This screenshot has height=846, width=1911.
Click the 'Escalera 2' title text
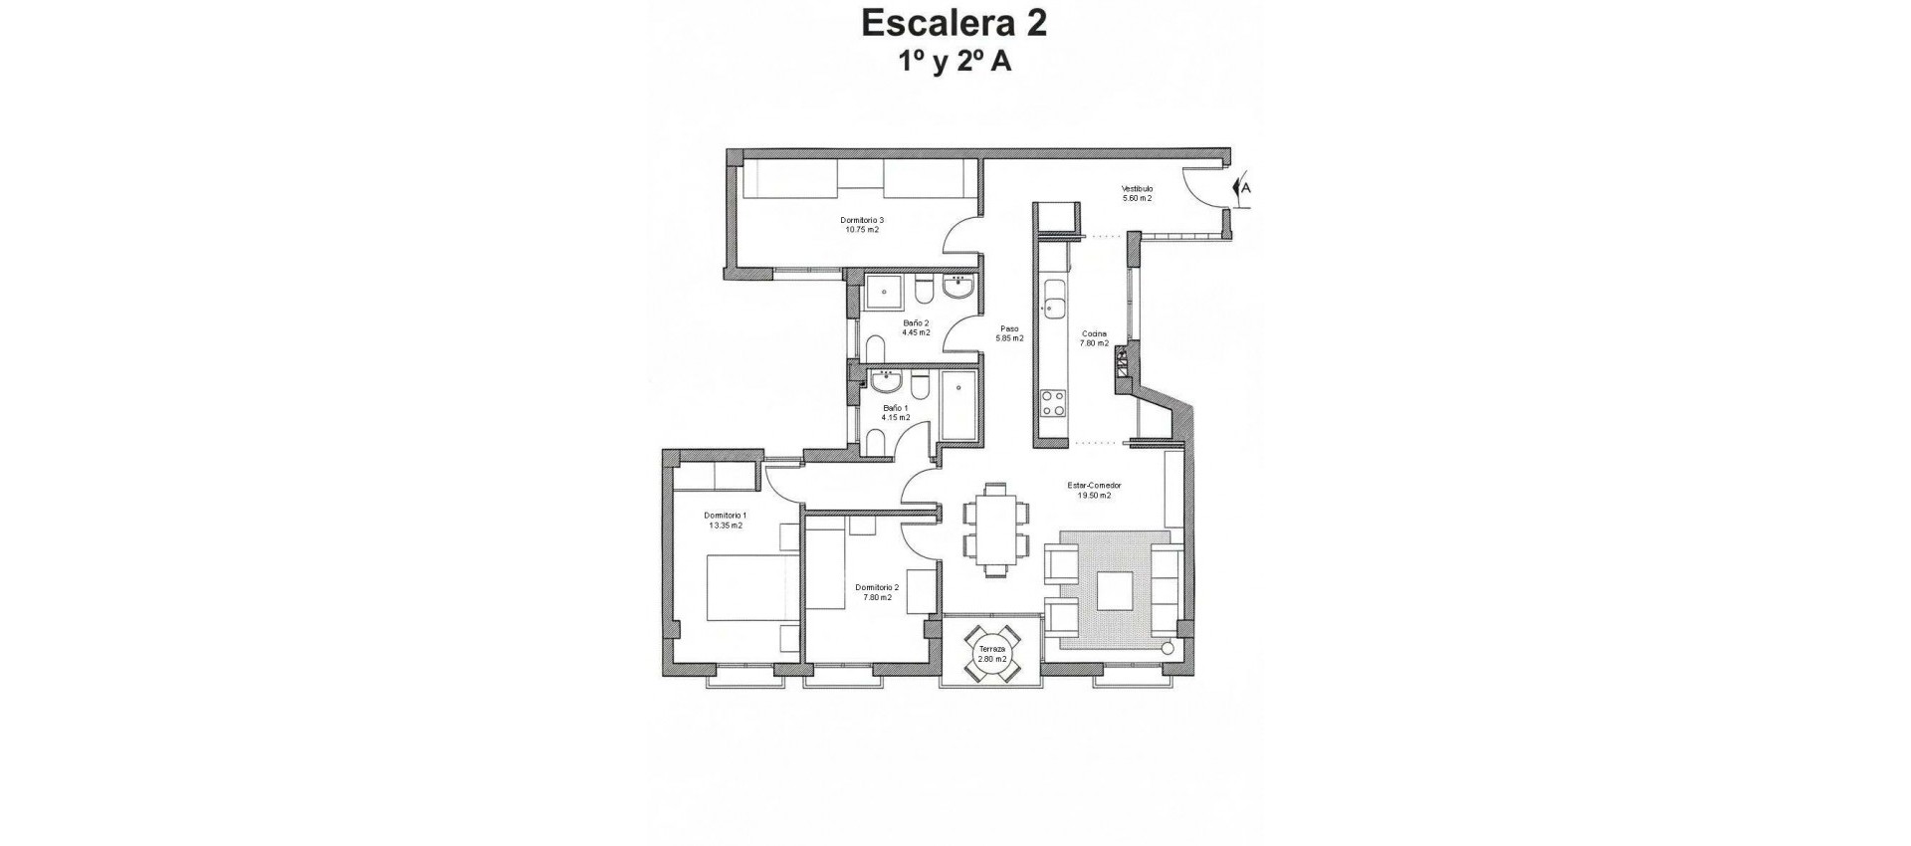(954, 22)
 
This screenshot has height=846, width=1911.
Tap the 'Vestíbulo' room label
(1137, 188)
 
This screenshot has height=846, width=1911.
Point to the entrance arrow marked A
(1240, 187)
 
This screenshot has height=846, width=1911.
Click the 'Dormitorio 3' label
(862, 220)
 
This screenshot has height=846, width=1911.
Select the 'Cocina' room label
(1094, 334)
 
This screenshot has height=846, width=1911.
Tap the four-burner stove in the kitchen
(1053, 403)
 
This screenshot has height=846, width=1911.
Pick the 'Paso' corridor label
(1009, 328)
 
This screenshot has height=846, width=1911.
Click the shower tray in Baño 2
(883, 292)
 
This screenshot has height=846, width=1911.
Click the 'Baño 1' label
(895, 408)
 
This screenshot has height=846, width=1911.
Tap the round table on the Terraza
(991, 654)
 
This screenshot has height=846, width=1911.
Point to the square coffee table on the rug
(1114, 591)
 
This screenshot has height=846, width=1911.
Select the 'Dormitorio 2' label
(877, 587)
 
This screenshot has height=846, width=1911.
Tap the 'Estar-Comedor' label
(1094, 486)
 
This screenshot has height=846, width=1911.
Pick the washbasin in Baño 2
(958, 288)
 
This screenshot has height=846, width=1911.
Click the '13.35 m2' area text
(726, 525)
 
